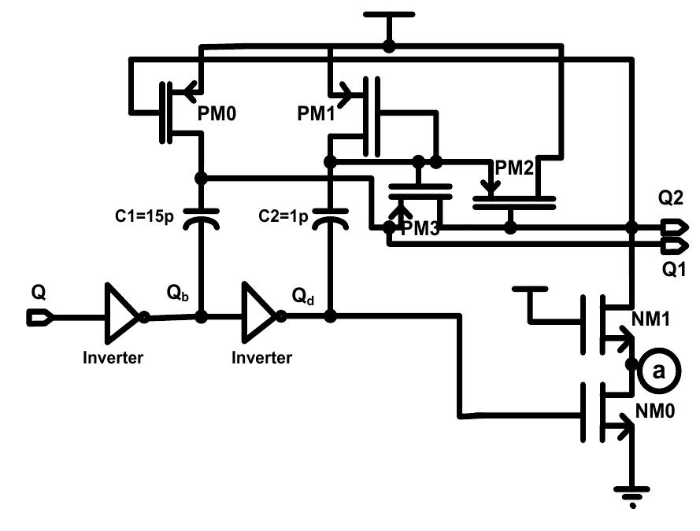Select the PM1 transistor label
(x=314, y=113)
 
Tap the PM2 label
(x=514, y=167)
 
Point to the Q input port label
(x=39, y=293)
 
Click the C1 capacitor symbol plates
(x=201, y=218)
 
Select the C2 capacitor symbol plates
(x=331, y=218)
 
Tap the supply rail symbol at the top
(x=388, y=14)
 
